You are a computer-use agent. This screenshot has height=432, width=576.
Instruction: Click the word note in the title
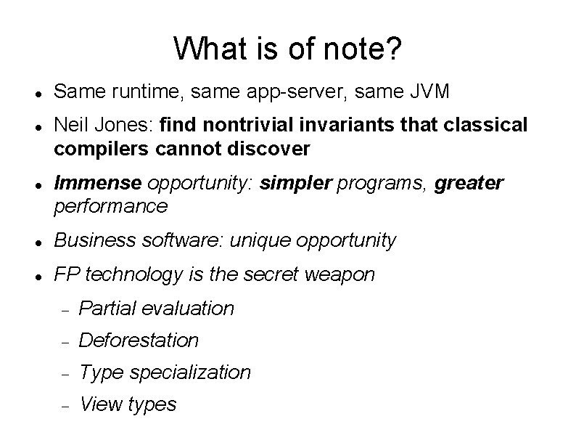(360, 49)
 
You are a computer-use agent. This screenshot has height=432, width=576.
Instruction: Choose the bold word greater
(469, 183)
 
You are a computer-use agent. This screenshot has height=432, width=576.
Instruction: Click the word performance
(110, 206)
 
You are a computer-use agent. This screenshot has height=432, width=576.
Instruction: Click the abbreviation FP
(67, 274)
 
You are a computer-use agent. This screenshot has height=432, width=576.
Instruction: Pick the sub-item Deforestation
(138, 340)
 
